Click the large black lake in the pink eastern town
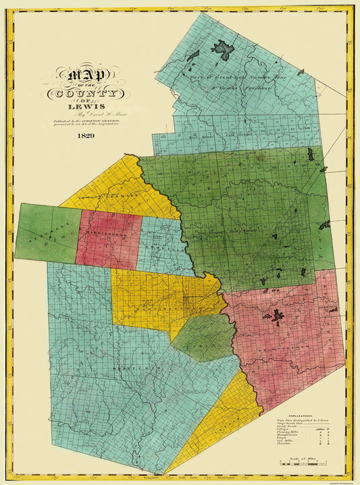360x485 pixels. point(277,315)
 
